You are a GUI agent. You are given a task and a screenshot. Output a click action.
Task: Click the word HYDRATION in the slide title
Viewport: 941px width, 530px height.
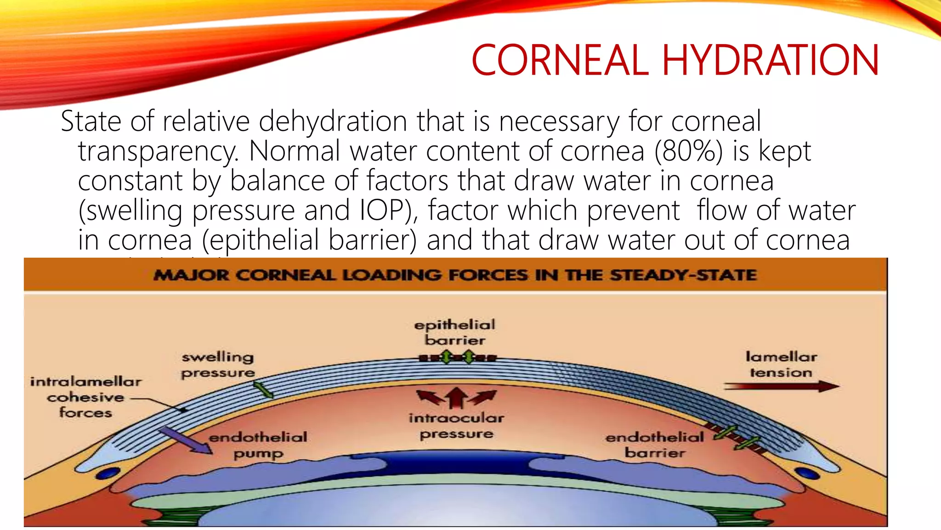click(x=771, y=60)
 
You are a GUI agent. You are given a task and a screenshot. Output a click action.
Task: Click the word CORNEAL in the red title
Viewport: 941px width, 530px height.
click(x=560, y=60)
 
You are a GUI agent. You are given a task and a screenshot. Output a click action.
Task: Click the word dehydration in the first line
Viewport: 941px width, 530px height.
click(x=333, y=121)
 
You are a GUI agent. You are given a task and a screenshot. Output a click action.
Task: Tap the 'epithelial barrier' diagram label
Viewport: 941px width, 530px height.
click(x=455, y=332)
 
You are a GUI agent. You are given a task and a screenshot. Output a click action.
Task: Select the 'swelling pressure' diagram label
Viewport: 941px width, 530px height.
click(x=218, y=364)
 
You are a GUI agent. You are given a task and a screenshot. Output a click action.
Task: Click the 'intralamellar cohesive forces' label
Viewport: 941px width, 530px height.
click(x=85, y=397)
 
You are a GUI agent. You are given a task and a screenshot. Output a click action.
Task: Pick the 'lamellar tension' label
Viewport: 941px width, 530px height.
click(x=781, y=364)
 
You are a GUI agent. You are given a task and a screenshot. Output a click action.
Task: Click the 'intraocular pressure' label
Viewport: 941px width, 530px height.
click(x=456, y=426)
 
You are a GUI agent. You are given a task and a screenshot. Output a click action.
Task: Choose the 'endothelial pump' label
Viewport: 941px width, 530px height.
click(x=258, y=445)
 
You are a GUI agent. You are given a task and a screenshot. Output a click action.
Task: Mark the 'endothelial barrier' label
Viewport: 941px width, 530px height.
click(x=655, y=445)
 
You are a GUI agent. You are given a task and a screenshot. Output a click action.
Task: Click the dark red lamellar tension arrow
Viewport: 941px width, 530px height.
click(x=781, y=386)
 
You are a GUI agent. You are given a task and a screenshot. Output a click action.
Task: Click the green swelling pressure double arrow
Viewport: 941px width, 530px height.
click(x=263, y=390)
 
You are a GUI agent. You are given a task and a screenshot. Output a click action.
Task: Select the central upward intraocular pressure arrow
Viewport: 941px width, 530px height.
click(x=456, y=397)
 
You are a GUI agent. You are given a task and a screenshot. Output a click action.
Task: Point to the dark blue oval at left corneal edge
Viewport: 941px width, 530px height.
click(x=108, y=473)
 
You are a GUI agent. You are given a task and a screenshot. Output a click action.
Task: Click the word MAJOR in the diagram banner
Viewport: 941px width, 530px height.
click(x=191, y=275)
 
